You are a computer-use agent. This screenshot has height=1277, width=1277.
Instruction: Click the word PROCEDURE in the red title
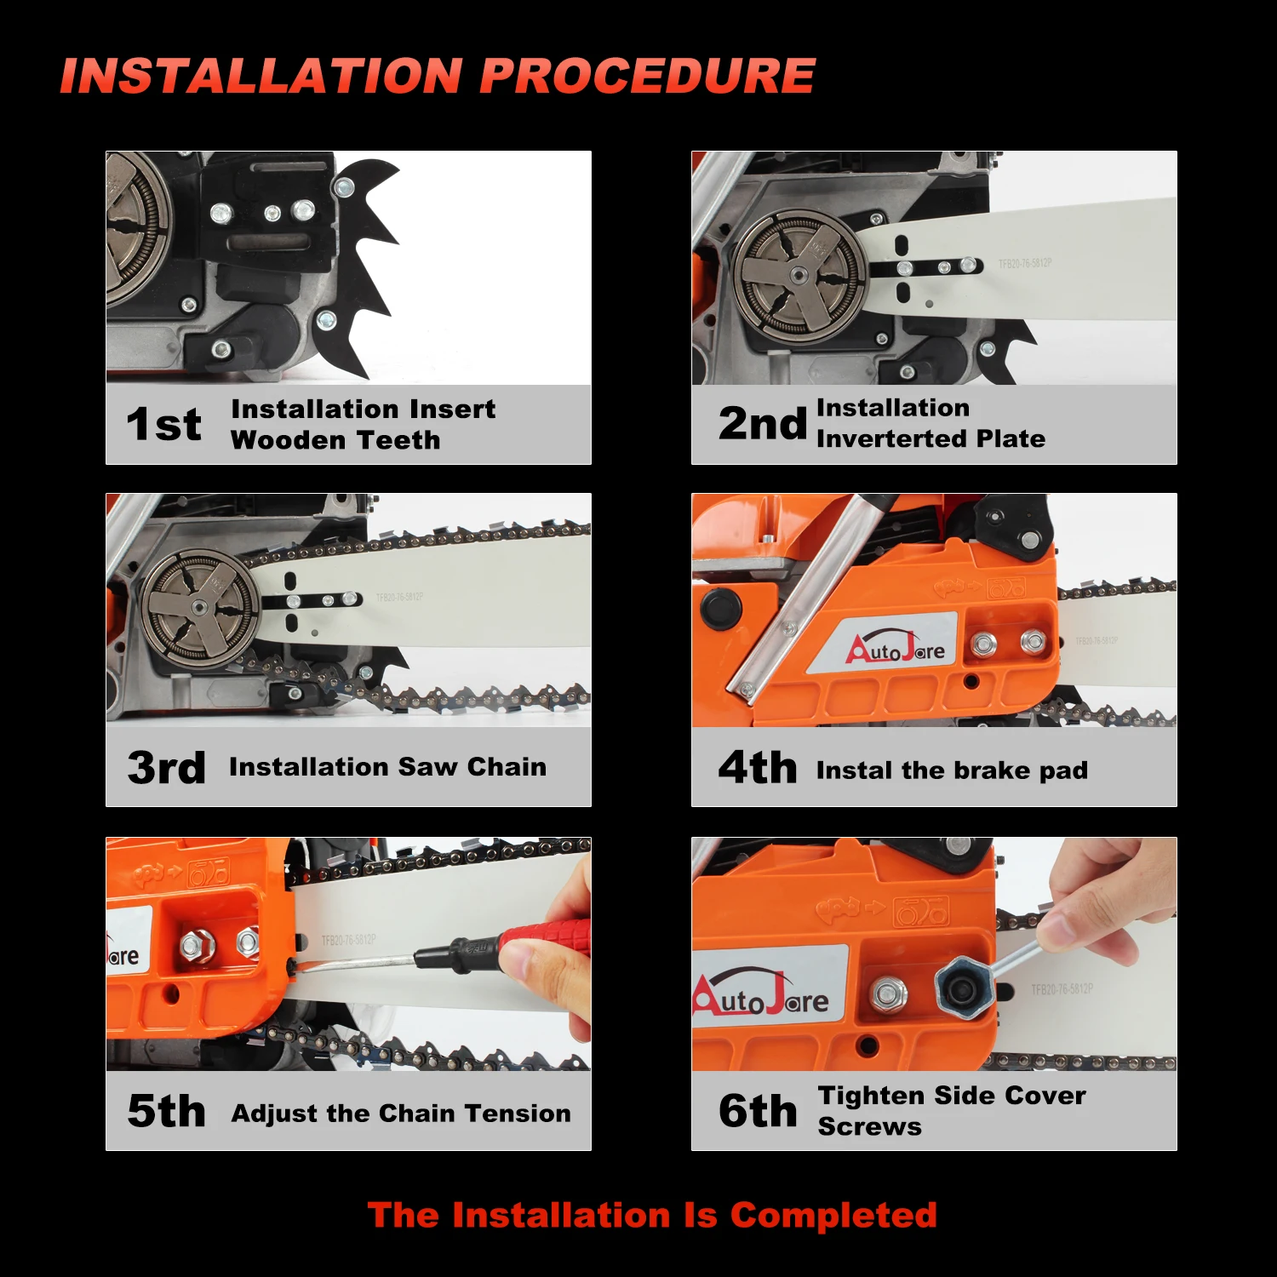(x=647, y=76)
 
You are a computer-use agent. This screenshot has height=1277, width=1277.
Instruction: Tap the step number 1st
(x=163, y=424)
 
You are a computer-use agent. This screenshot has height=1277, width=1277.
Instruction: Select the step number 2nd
(x=762, y=423)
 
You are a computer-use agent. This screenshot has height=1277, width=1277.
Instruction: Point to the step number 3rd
(x=166, y=767)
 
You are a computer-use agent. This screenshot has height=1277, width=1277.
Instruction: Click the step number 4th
(x=758, y=767)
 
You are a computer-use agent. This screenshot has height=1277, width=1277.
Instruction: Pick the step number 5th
(x=166, y=1111)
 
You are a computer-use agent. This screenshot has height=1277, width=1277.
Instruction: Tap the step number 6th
(x=758, y=1110)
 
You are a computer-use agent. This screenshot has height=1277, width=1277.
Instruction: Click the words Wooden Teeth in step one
(x=335, y=440)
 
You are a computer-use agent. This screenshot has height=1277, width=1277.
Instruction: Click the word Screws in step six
(x=869, y=1126)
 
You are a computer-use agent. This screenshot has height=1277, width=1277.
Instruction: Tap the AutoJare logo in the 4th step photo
(x=896, y=649)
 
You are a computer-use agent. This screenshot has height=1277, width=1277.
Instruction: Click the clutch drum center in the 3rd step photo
(x=199, y=606)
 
